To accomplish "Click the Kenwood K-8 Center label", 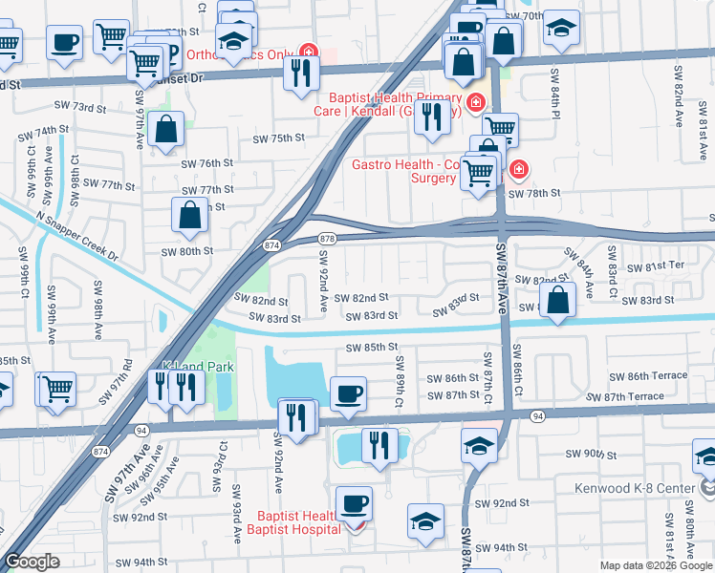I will (x=635, y=488).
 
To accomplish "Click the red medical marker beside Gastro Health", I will (x=518, y=170).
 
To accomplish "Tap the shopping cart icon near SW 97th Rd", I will (x=57, y=387).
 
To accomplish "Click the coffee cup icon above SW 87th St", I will (x=348, y=392).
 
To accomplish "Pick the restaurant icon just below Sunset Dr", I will (x=301, y=73).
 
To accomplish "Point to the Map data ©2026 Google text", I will (x=656, y=565).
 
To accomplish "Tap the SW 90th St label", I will (x=590, y=454).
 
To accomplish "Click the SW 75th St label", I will (x=278, y=138).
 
